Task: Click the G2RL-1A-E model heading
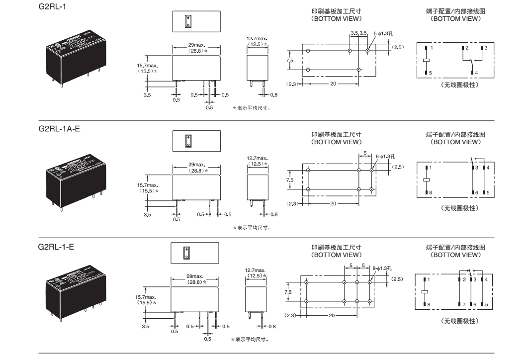59,128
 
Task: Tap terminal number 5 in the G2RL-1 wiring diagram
431,73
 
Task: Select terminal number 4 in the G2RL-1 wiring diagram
476,73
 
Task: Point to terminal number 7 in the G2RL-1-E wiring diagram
463,303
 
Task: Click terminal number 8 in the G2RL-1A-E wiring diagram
431,192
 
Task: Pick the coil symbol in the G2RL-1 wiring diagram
427,60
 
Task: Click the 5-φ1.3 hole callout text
383,34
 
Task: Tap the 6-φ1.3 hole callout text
386,155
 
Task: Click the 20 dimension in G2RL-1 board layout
333,84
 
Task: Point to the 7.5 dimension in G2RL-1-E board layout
288,292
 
